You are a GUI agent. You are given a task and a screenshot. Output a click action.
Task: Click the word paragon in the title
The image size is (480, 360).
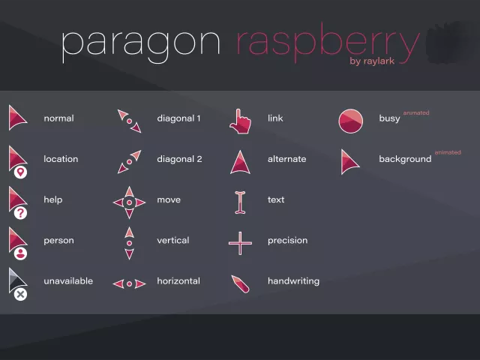tap(140, 44)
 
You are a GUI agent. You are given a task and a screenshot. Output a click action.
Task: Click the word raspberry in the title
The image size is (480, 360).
tap(327, 44)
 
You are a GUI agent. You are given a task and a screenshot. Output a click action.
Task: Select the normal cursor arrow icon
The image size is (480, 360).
tap(16, 117)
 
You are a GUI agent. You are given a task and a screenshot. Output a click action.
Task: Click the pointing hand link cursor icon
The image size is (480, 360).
tap(239, 121)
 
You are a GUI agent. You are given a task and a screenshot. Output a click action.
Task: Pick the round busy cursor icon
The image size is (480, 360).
tap(350, 121)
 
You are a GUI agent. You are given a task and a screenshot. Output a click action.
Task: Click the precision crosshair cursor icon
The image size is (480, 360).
tap(240, 242)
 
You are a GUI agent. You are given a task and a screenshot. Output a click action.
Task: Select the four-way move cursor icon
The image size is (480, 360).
tap(129, 202)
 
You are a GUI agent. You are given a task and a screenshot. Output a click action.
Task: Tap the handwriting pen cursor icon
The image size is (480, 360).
tap(240, 283)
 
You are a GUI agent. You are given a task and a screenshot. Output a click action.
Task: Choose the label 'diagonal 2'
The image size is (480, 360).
tap(178, 159)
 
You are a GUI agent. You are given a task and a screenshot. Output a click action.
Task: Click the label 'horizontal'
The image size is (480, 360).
tap(178, 281)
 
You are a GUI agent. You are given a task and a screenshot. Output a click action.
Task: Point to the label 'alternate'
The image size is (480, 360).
tap(286, 159)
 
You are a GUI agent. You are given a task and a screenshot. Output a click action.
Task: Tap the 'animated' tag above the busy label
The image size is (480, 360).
tap(415, 112)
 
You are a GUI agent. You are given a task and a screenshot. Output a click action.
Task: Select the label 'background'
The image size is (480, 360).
tap(405, 159)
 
